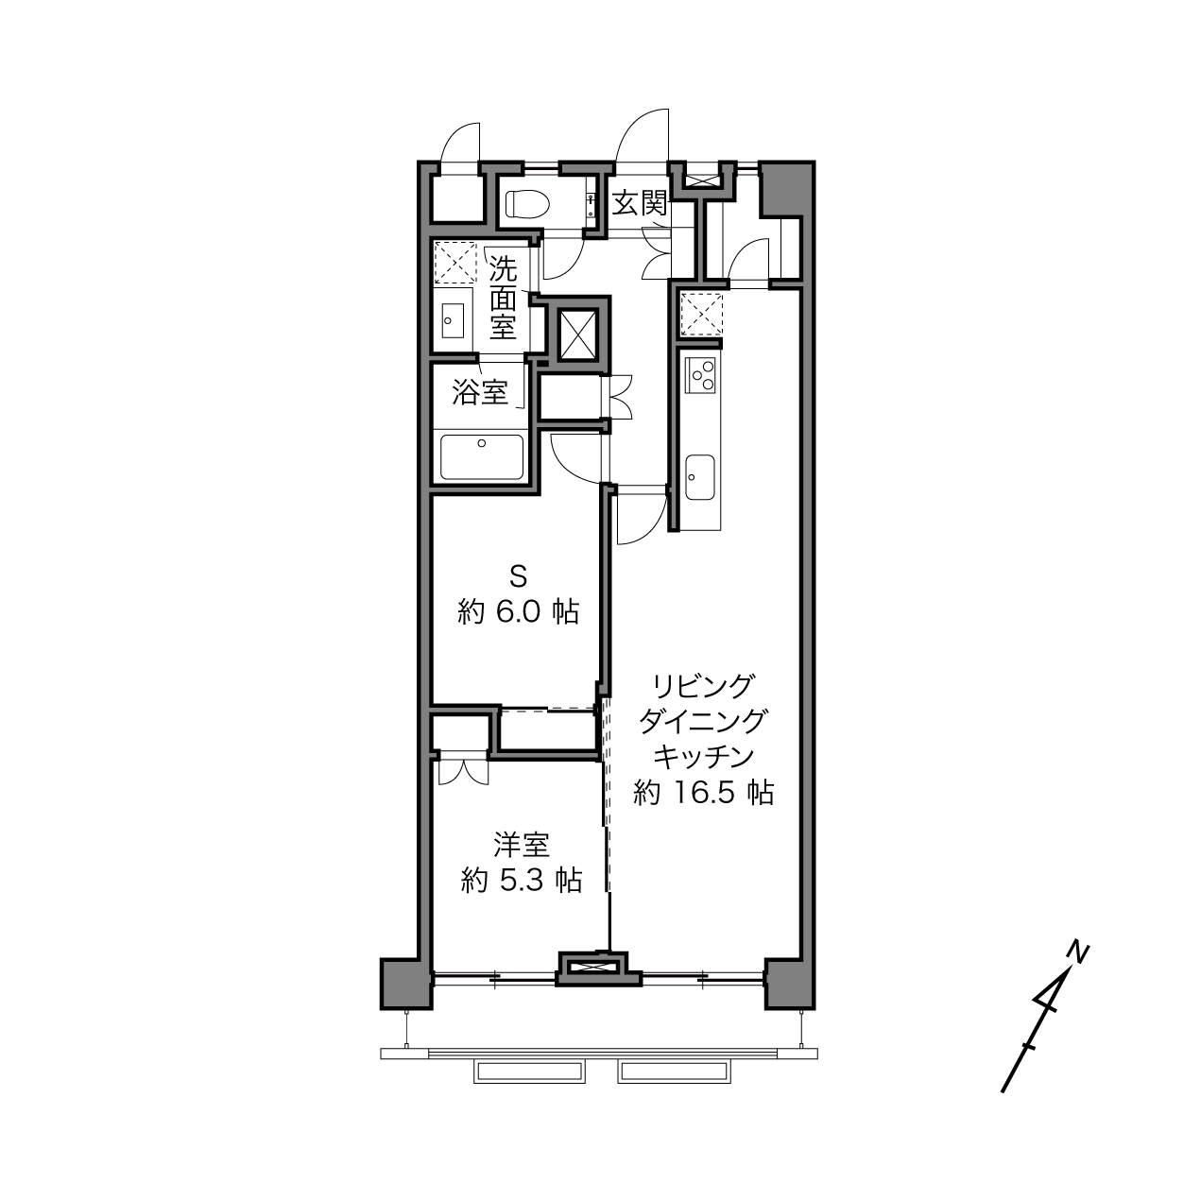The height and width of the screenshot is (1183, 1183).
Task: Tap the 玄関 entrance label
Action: point(640,203)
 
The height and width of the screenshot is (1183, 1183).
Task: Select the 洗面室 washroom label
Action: point(503,297)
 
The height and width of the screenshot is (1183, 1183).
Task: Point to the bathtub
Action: point(482,457)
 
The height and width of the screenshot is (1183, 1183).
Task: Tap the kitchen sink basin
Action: point(700,477)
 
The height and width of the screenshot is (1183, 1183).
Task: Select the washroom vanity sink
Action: point(454,319)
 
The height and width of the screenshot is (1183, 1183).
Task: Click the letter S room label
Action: point(518,577)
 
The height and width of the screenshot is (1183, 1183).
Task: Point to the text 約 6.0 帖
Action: point(518,611)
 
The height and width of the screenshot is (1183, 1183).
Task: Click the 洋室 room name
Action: point(522,846)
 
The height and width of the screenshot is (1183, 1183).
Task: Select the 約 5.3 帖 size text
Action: point(522,881)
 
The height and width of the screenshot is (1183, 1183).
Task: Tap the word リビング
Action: point(702,686)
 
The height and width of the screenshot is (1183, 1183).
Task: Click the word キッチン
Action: point(703,757)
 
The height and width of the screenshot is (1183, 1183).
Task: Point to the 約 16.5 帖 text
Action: point(703,793)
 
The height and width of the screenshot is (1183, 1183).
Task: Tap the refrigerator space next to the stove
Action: point(701,315)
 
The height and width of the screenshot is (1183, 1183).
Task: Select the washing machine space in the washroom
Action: point(454,263)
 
